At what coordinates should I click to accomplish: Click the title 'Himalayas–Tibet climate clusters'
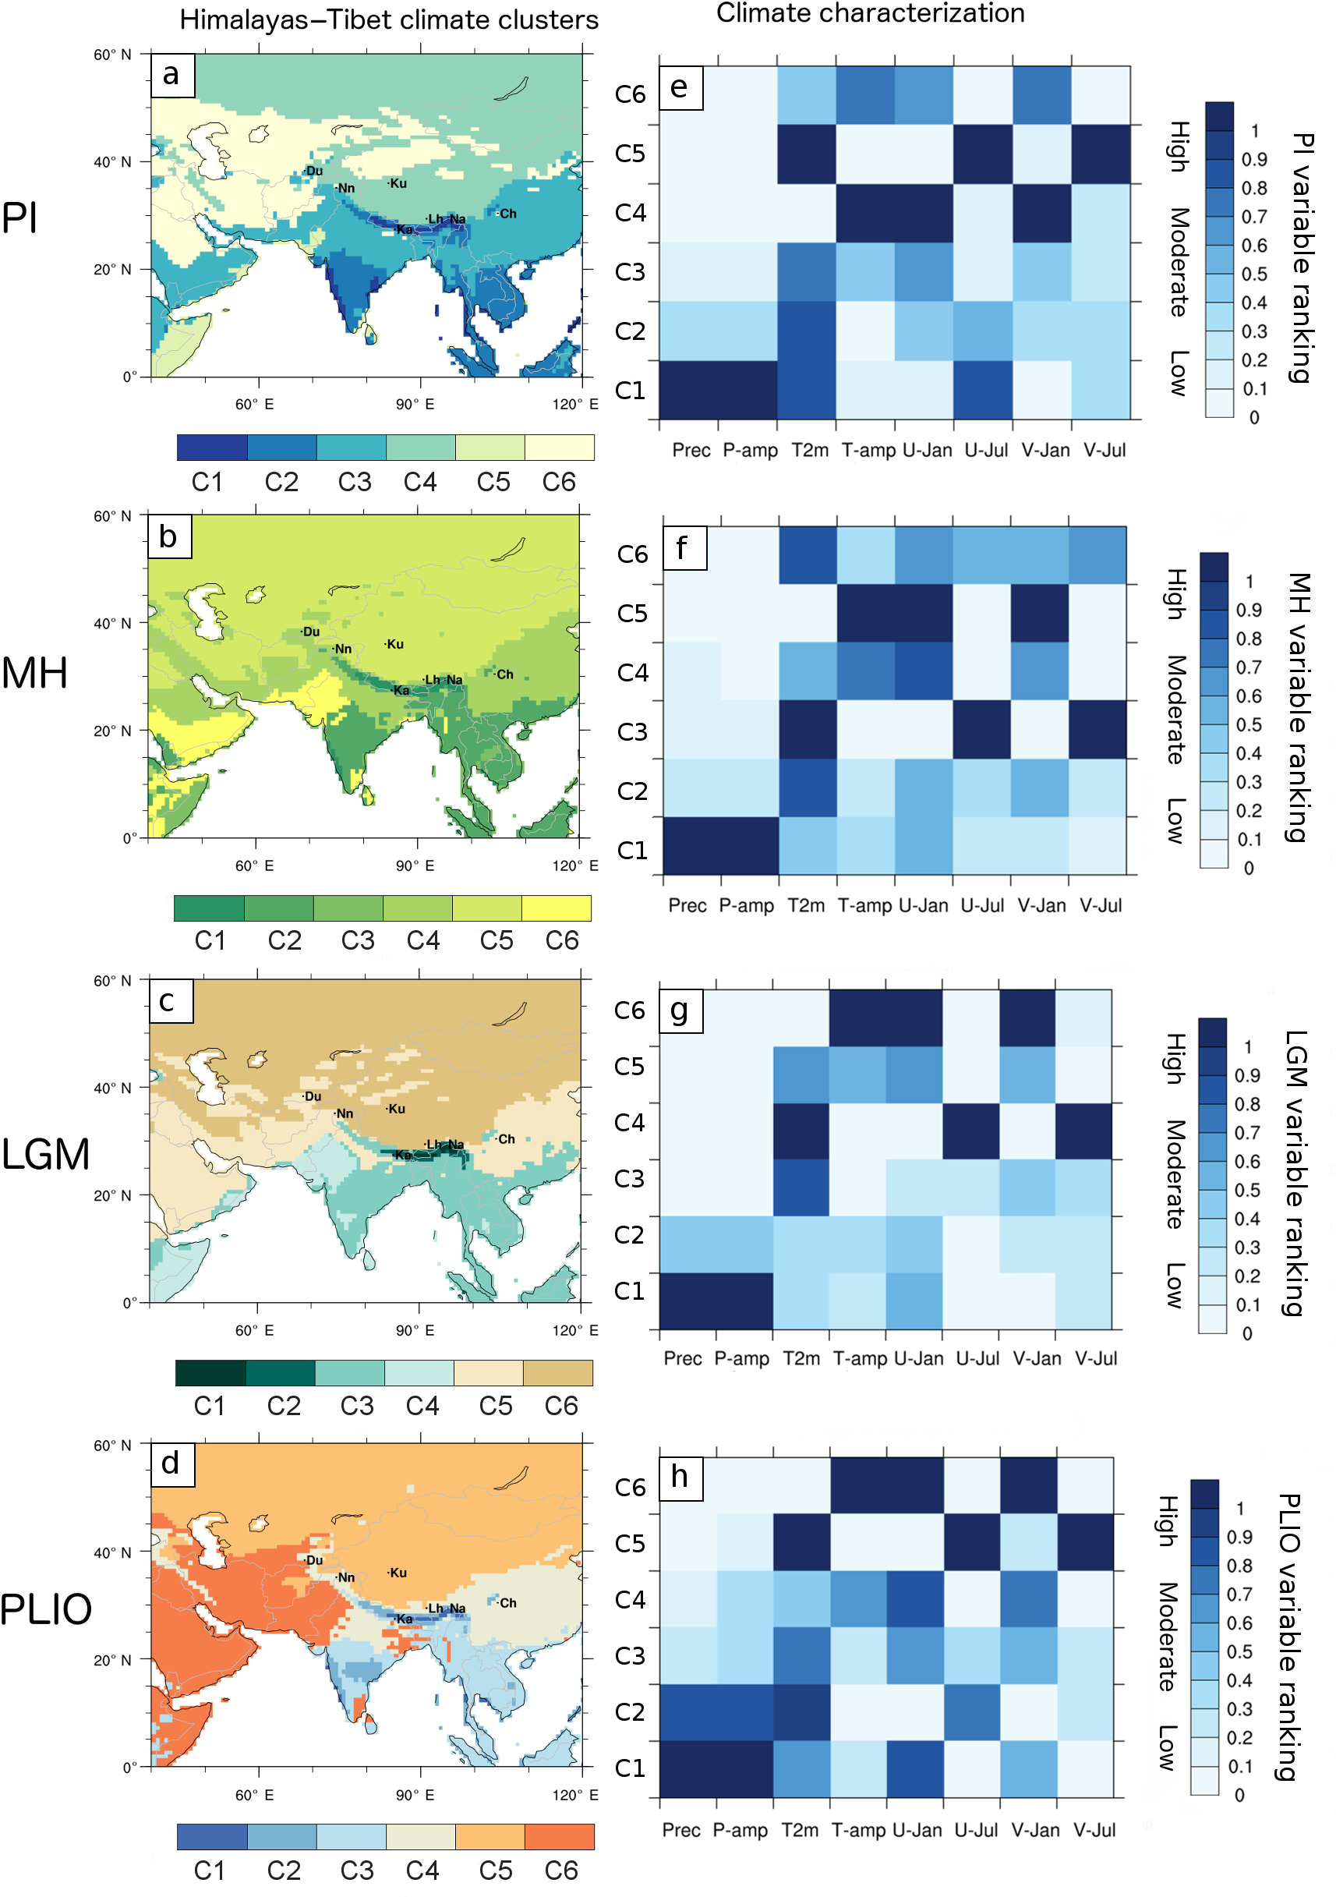388,19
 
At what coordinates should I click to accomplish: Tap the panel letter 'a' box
171,75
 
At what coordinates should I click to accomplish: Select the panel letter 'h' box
680,1477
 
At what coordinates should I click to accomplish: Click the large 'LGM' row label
45,1154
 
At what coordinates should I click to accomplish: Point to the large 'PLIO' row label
45,1609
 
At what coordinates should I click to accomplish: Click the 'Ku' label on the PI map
398,183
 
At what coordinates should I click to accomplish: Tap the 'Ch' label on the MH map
505,674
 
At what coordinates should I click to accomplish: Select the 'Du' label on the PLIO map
314,1560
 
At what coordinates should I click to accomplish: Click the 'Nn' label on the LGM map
345,1113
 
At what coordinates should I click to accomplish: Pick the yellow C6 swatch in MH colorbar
556,908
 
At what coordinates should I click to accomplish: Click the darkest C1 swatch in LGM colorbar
210,1373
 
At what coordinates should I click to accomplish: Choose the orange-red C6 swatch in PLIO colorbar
560,1837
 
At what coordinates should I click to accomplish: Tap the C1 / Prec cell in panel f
692,845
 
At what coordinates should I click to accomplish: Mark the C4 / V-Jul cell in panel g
1083,1131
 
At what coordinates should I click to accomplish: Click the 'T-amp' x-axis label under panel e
868,451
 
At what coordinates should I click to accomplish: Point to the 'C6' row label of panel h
631,1487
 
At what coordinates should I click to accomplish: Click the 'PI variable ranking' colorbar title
1301,258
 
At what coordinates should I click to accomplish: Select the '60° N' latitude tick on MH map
112,516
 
